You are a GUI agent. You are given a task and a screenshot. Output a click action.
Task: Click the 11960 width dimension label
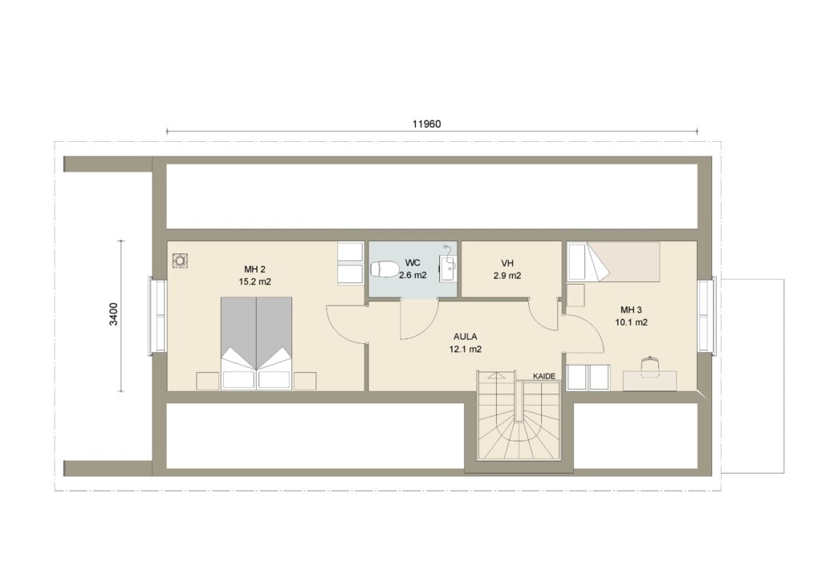(426, 124)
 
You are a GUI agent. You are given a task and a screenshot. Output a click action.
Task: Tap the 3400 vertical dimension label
(114, 314)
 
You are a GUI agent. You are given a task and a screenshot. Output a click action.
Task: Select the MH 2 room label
(254, 269)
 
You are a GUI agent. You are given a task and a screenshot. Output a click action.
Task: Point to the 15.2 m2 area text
(254, 281)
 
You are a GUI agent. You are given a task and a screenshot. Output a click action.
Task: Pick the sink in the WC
(448, 268)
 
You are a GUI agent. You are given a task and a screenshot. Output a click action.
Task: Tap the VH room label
(507, 264)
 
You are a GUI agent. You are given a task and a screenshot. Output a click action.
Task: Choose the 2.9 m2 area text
(507, 276)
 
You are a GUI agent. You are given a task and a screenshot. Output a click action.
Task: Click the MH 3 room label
(631, 310)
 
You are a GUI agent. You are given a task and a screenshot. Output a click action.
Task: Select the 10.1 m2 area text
(631, 322)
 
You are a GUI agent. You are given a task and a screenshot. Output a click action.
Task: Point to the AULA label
(465, 337)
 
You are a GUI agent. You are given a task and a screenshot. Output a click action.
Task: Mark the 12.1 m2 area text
(465, 350)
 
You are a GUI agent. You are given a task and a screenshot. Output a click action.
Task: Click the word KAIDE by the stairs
(543, 377)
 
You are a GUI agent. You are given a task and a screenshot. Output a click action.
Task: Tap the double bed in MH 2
(256, 343)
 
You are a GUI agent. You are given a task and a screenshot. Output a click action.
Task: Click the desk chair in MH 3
(650, 365)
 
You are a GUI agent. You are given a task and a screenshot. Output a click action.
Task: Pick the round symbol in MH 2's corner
(181, 261)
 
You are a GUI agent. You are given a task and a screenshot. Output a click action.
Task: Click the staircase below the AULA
(519, 415)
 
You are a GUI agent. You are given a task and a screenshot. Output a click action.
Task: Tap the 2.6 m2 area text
(413, 276)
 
